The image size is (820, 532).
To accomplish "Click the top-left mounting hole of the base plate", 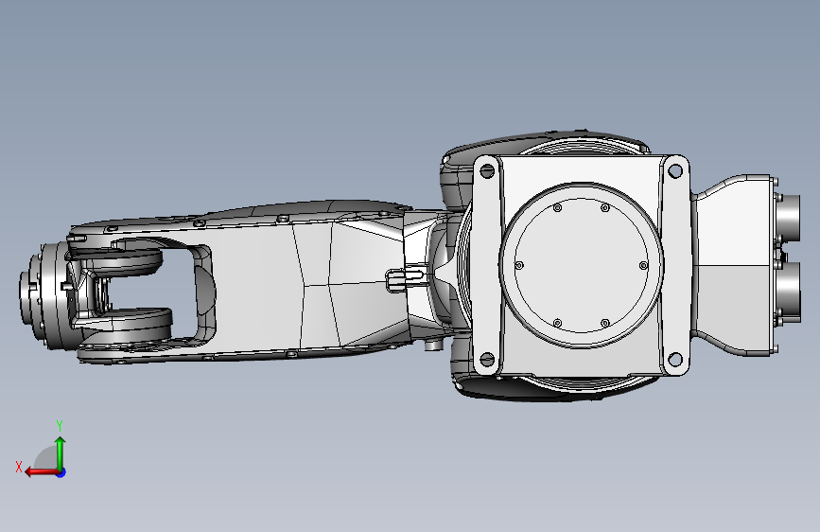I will pos(488,170).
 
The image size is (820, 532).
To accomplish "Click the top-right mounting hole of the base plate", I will pos(675,171).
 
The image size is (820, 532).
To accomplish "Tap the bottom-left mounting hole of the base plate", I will pos(488,360).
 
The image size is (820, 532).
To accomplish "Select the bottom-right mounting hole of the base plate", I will pos(675,360).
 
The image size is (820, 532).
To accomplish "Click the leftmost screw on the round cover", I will pos(518,265).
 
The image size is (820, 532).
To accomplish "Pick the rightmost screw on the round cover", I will pos(644,266).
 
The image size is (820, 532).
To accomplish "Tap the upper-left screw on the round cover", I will pos(558,208).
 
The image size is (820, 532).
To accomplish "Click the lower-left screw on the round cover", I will pos(558,323).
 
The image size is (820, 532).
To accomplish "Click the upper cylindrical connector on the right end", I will pos(791,217).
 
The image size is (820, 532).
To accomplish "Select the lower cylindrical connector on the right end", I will pos(791,294).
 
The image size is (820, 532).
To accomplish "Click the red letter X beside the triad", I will pos(19,467).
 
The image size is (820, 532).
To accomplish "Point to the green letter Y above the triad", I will pos(60,426).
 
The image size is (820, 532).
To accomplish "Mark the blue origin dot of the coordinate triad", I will pos(61,471).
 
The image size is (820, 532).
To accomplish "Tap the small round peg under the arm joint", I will pos(433,346).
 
